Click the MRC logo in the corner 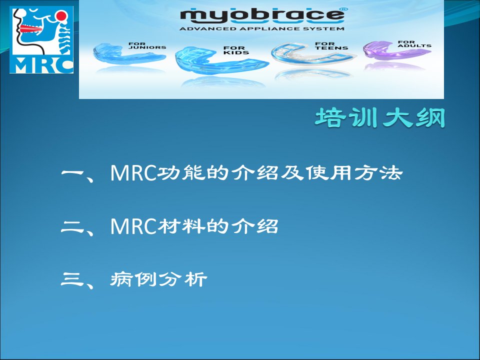click(41, 40)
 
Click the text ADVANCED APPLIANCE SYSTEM click(261, 29)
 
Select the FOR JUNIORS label click(147, 45)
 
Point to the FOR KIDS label click(235, 50)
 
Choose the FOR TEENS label click(331, 46)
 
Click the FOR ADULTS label click(414, 44)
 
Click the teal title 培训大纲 click(380, 118)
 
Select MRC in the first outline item click(133, 173)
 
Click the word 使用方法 click(354, 173)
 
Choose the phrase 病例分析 click(158, 279)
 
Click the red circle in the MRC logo click(61, 15)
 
